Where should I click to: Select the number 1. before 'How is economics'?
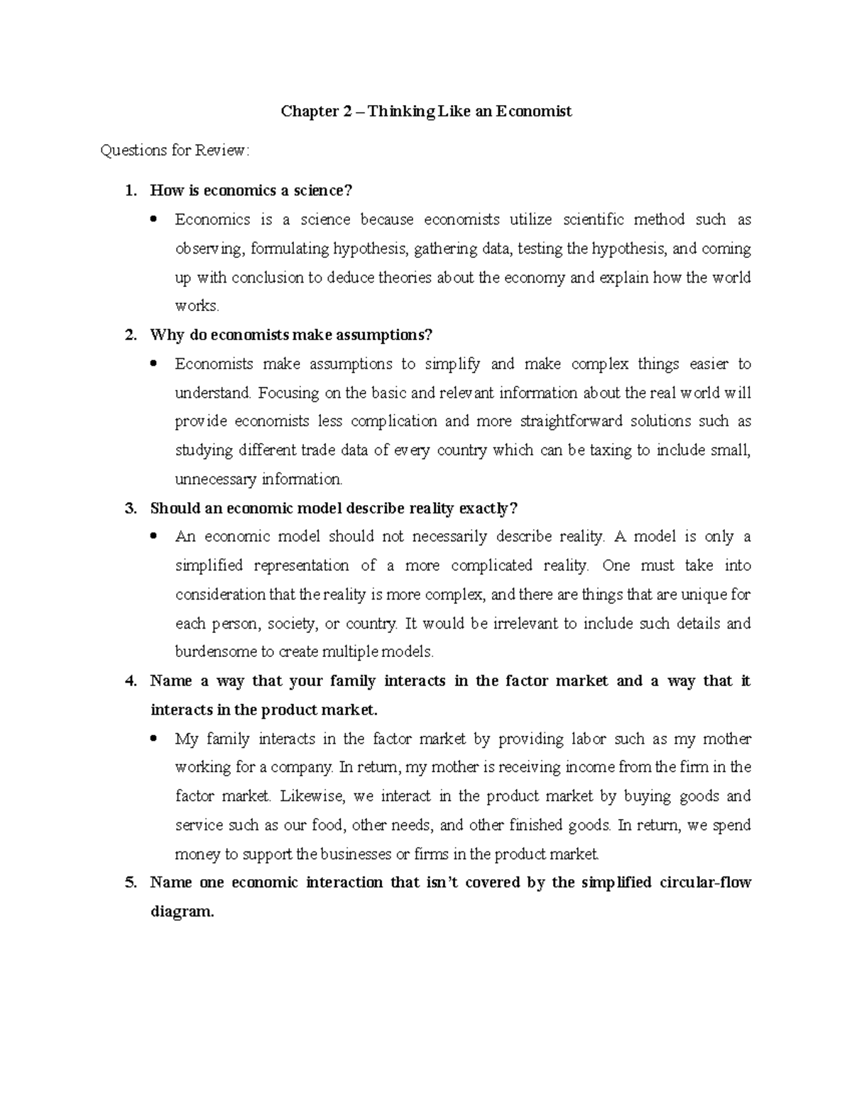[129, 190]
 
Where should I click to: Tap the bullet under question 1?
[154, 220]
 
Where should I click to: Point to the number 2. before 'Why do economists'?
[129, 335]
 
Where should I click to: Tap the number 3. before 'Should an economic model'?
[129, 508]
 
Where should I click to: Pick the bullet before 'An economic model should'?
[154, 538]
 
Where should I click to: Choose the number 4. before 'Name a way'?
[129, 681]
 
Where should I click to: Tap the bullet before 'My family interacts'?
[154, 739]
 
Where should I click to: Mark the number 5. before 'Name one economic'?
[129, 883]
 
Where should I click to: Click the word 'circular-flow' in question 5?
[705, 883]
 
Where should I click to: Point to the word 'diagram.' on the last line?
[182, 912]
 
